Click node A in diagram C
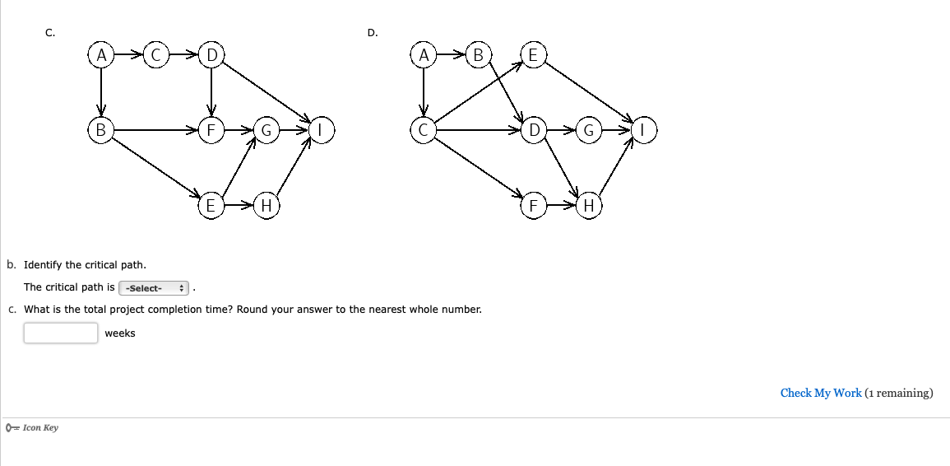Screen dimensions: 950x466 (x=101, y=54)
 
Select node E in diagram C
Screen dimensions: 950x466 (x=211, y=206)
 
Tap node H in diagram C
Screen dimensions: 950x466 (x=266, y=206)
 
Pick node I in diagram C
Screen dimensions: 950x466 (x=321, y=130)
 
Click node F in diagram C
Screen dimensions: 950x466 (x=211, y=130)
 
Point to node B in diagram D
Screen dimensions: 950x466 (x=478, y=54)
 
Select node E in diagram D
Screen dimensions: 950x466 (x=533, y=54)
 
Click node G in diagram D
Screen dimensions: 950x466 (x=588, y=130)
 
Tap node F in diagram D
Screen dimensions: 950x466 (x=533, y=206)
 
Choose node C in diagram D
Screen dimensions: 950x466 (x=423, y=130)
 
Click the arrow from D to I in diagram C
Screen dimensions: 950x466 (x=266, y=92)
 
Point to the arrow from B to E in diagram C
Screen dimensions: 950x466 (x=155, y=167)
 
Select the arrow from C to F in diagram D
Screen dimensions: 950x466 (x=478, y=167)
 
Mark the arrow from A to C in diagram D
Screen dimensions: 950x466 (x=423, y=92)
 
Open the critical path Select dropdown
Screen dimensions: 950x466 (x=154, y=287)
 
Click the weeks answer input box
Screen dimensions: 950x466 (x=61, y=333)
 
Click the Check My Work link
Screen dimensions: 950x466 (x=820, y=394)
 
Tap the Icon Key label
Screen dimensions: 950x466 (x=40, y=428)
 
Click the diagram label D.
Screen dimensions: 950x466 (x=372, y=33)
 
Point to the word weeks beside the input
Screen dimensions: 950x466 (x=120, y=333)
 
